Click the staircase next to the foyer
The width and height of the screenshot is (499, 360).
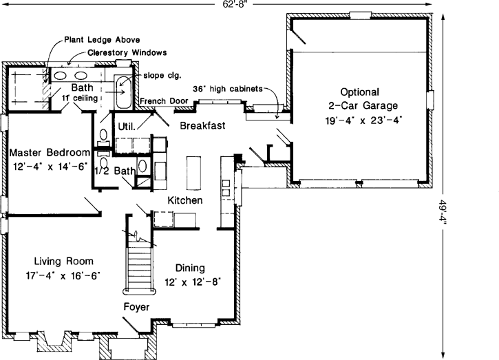(x=139, y=266)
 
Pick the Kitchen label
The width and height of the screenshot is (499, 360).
(x=185, y=200)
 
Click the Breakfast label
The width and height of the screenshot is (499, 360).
(x=203, y=126)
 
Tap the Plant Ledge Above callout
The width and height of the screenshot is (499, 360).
(x=98, y=40)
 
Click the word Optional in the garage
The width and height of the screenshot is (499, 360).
(x=359, y=92)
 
